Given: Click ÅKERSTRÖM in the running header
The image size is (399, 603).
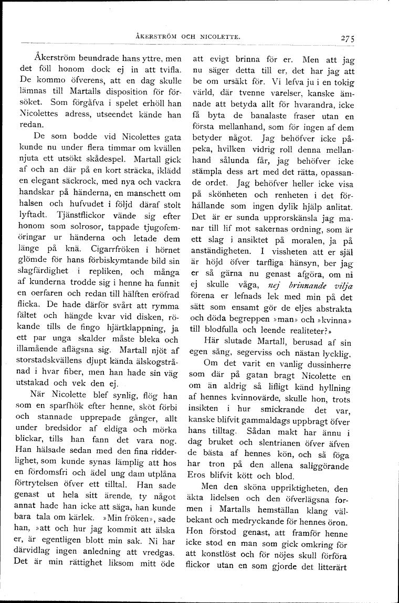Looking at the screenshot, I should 153,37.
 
